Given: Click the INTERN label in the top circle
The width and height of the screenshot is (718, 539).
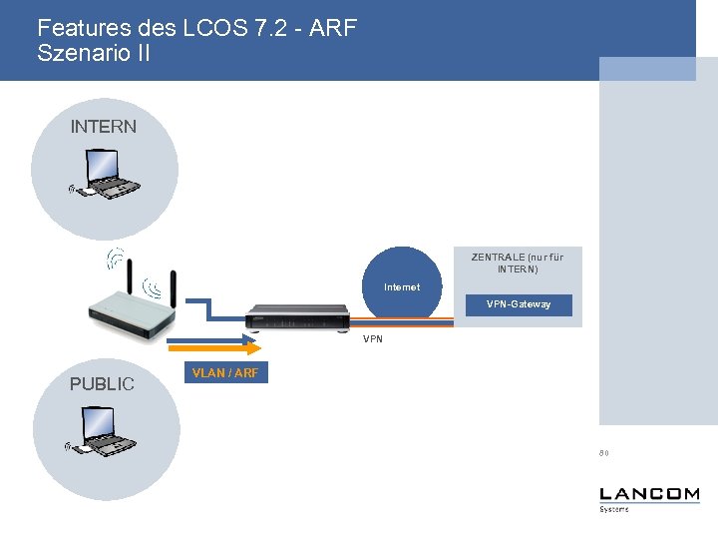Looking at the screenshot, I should click(x=103, y=128).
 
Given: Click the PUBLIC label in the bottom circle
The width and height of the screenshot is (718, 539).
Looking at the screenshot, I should click(x=102, y=383).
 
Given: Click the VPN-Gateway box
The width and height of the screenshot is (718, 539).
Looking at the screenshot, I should click(x=519, y=303).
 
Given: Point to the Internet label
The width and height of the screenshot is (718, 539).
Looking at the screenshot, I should click(x=402, y=287).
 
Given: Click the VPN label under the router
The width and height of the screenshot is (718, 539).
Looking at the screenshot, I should click(x=373, y=339).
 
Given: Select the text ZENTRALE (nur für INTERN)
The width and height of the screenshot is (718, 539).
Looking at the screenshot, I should click(x=518, y=264).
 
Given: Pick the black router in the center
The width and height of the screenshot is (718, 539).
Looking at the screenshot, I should click(x=298, y=318).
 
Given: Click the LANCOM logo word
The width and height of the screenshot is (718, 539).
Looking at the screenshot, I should click(x=648, y=495).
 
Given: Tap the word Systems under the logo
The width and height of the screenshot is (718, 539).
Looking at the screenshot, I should click(x=614, y=509).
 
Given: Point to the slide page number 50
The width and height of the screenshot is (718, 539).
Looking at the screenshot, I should click(x=604, y=453).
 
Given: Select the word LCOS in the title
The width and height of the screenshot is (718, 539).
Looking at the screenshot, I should click(x=214, y=28).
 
